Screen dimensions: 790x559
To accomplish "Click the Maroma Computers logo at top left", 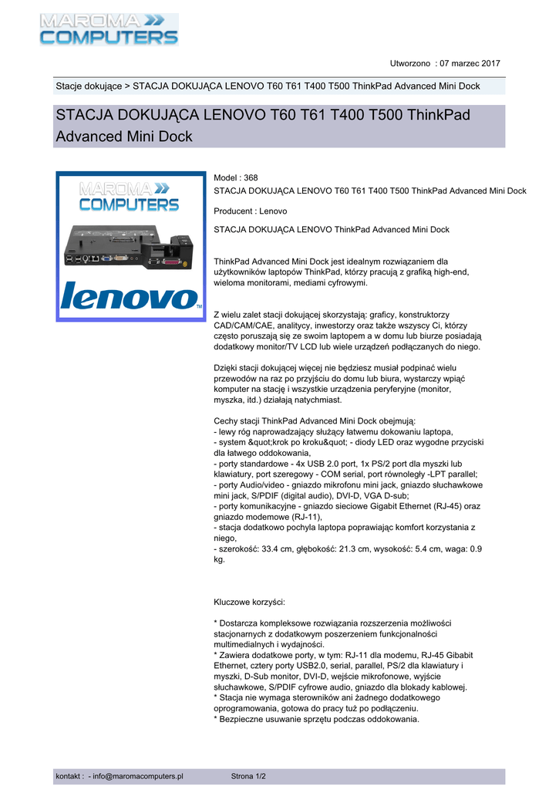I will tap(109, 29).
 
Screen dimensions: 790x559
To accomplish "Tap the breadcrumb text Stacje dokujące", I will tap(88, 86).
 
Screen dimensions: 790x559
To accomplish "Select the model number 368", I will tap(250, 177).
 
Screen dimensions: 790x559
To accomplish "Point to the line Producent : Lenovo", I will tap(250, 211).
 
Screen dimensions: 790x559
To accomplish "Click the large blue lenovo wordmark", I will tap(130, 296).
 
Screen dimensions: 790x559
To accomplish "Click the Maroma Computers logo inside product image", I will tap(130, 196).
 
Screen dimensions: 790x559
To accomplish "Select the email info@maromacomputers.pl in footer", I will tap(138, 776).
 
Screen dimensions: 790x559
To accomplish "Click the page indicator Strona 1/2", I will tap(248, 776).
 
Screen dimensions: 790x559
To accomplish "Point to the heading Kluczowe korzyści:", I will tap(249, 601).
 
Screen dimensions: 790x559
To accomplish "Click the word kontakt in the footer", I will tap(69, 776).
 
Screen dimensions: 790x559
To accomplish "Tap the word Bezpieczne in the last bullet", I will tap(244, 719).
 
